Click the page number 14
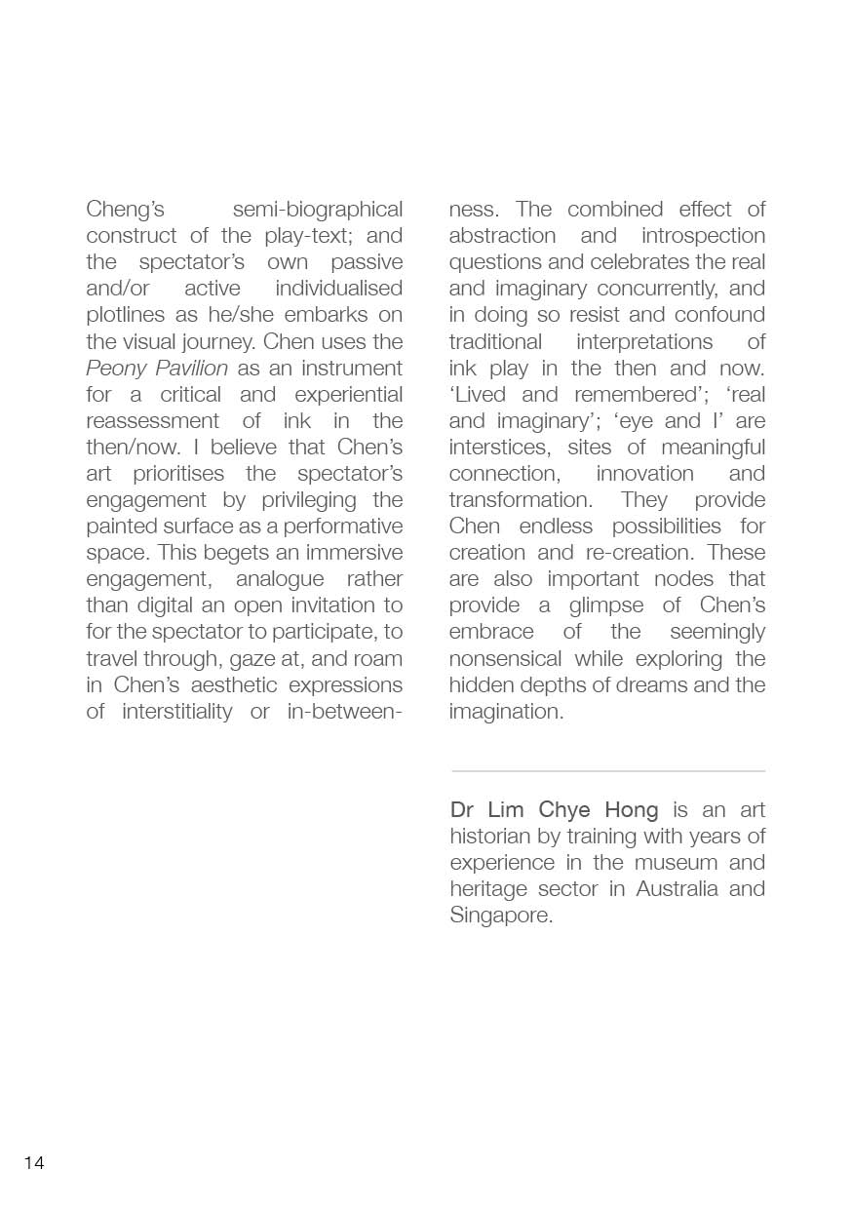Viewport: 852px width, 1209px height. [x=34, y=1163]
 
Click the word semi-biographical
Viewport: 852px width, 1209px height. [x=318, y=210]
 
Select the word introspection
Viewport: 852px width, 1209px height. [x=703, y=236]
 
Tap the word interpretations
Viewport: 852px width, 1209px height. [x=644, y=342]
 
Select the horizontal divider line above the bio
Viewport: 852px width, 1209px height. [x=608, y=771]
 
